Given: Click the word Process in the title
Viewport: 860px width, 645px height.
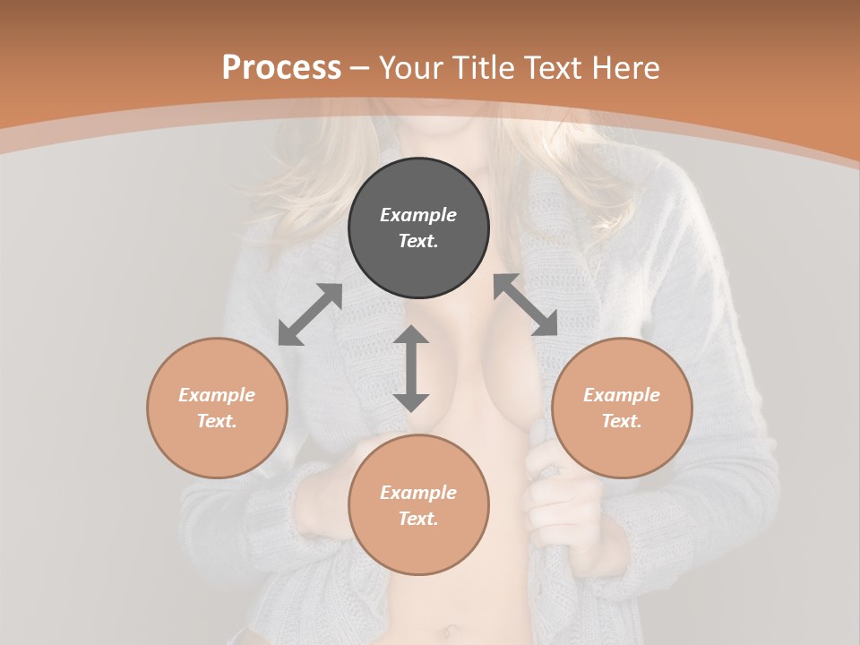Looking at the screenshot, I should [x=281, y=68].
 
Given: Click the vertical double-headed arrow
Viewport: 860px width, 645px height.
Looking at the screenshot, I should [x=411, y=368].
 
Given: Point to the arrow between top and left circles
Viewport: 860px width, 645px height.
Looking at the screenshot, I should [x=310, y=314].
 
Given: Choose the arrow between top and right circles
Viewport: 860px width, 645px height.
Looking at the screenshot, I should [x=525, y=305].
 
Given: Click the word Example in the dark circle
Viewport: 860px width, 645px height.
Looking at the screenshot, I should [x=418, y=215].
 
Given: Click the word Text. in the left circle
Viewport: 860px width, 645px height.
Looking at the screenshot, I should [x=217, y=421].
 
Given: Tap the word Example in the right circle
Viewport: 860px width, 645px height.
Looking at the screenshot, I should [x=622, y=395].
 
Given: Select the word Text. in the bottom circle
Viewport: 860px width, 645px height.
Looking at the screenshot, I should [x=418, y=519].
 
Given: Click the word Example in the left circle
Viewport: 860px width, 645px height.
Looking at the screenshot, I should [x=217, y=395].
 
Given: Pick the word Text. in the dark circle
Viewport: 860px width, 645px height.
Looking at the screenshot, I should [x=418, y=241].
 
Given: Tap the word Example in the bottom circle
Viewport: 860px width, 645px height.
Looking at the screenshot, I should [x=418, y=493].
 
